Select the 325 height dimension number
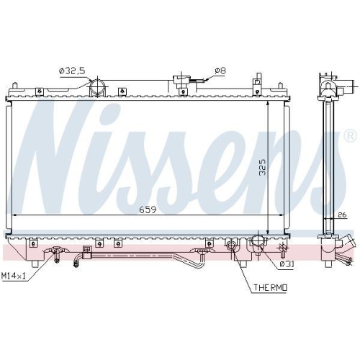click(x=263, y=168)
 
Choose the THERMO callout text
click(x=269, y=288)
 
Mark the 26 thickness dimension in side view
click(x=342, y=214)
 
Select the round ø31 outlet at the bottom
click(x=256, y=248)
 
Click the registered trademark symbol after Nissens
click(x=350, y=135)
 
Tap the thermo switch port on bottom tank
click(x=232, y=248)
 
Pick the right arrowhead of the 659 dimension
click(x=282, y=215)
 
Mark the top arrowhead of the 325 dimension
click(x=268, y=102)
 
